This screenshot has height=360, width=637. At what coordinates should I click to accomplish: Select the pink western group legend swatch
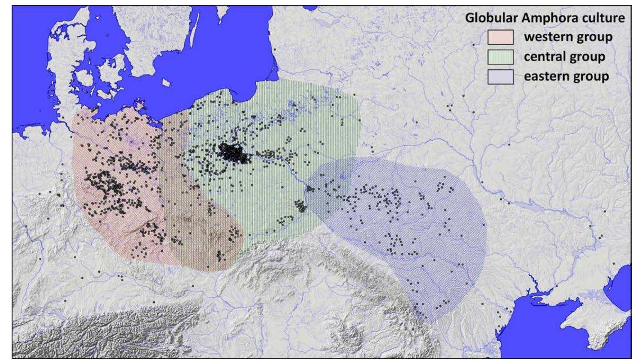pyautogui.click(x=500, y=37)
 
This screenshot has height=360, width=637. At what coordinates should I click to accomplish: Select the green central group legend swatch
pyautogui.click(x=500, y=57)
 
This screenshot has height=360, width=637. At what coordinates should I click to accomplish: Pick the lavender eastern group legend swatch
pyautogui.click(x=500, y=77)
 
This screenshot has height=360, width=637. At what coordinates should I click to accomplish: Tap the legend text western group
pyautogui.click(x=568, y=37)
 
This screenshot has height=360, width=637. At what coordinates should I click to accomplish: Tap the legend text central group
pyautogui.click(x=564, y=57)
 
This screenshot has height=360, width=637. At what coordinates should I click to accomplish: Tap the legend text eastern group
pyautogui.click(x=566, y=76)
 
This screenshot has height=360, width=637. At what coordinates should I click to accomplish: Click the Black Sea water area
pyautogui.click(x=543, y=337)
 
